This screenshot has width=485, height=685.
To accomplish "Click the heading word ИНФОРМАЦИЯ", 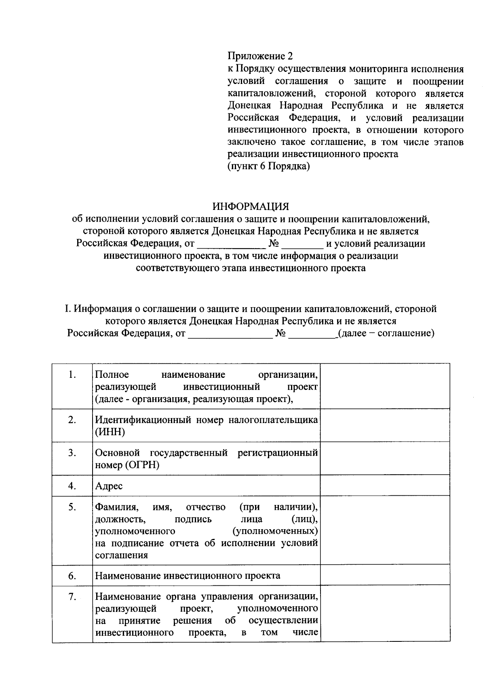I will (x=251, y=207).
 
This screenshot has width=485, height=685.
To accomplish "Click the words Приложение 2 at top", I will (x=260, y=56).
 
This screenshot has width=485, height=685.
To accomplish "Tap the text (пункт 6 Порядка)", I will (x=269, y=166).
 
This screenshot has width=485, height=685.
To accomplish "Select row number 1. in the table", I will (x=72, y=375).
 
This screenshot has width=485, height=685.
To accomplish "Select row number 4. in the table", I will (x=72, y=486).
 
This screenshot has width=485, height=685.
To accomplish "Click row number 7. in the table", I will (x=72, y=597).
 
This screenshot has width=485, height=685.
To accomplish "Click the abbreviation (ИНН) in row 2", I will (x=110, y=432).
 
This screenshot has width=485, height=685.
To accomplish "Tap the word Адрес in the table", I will (x=109, y=486).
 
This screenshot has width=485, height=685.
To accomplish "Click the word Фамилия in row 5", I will (x=117, y=507).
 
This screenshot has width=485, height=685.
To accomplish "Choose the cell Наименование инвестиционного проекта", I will (x=188, y=576).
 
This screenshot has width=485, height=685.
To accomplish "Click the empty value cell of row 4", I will (x=385, y=486).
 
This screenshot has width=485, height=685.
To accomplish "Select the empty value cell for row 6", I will (x=385, y=575).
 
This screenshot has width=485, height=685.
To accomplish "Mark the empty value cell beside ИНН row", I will (x=385, y=426).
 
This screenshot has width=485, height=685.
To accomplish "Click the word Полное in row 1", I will (x=112, y=375).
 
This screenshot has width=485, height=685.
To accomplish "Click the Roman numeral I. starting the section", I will (x=68, y=309).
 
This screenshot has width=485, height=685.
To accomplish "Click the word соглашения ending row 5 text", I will (x=121, y=555).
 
